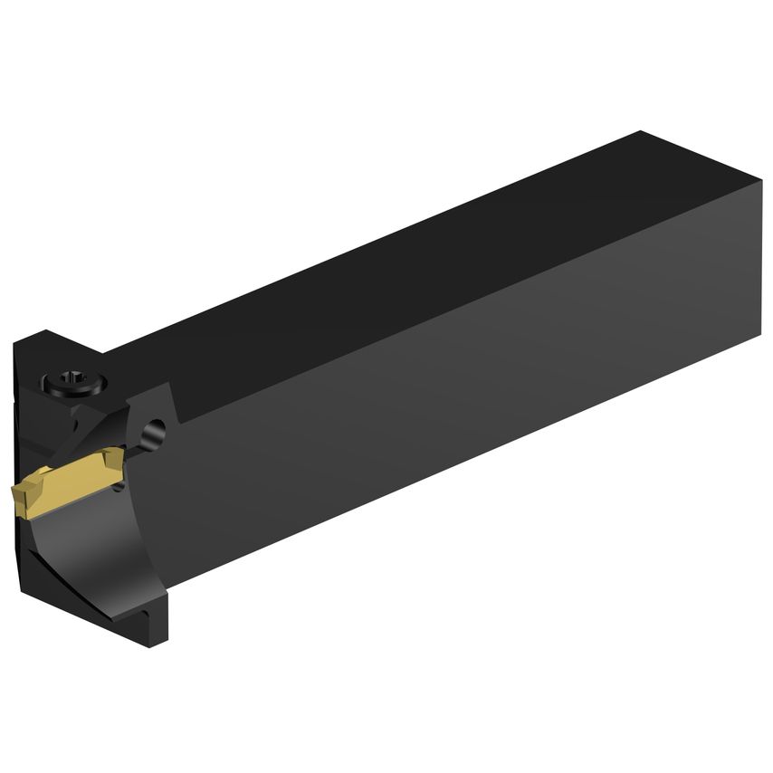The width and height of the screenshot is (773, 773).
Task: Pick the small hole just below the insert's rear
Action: click(120, 489)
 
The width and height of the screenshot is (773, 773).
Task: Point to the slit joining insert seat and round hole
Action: click(136, 448)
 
